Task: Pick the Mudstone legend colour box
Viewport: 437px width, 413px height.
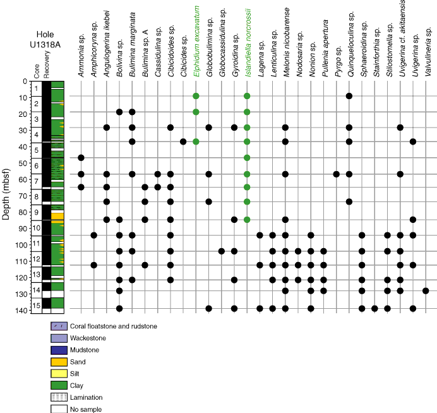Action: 59,350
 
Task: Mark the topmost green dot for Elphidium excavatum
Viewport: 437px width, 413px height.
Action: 196,96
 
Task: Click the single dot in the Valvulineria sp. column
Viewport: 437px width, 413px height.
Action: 426,290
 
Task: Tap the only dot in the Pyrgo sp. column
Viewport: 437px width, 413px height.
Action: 336,174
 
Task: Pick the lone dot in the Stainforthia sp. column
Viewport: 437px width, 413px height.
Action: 374,308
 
